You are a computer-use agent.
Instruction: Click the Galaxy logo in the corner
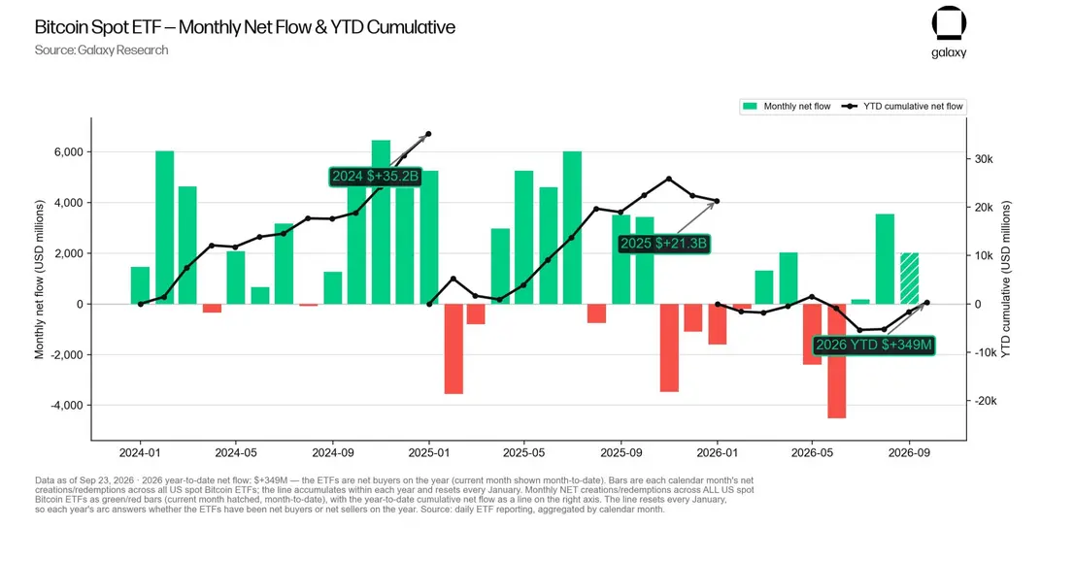(x=949, y=32)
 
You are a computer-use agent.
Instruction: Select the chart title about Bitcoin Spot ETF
(x=245, y=27)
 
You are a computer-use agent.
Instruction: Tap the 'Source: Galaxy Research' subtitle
(x=101, y=50)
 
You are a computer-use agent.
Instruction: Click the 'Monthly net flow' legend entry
(x=787, y=106)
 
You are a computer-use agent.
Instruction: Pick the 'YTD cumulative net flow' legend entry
(x=902, y=106)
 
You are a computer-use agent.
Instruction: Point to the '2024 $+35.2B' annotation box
(x=375, y=176)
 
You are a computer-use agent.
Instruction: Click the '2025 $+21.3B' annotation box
(x=663, y=244)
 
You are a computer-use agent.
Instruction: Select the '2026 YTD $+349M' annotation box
(x=873, y=345)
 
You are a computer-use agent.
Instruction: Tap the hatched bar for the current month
(x=909, y=279)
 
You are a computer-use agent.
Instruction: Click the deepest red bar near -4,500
(x=836, y=361)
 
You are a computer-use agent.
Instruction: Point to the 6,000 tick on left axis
(x=68, y=152)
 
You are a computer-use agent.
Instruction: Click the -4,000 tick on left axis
(x=66, y=406)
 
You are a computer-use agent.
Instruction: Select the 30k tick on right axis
(x=984, y=159)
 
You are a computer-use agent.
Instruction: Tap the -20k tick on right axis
(x=986, y=402)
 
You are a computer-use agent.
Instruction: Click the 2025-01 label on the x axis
(x=429, y=452)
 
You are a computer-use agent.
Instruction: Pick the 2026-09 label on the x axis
(x=909, y=452)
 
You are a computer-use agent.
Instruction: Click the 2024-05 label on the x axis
(x=236, y=452)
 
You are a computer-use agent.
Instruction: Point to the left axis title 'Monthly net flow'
(x=39, y=280)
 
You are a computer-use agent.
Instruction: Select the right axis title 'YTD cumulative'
(x=1005, y=280)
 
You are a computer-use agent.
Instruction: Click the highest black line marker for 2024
(x=429, y=134)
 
